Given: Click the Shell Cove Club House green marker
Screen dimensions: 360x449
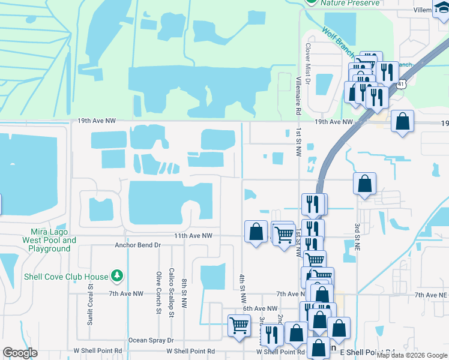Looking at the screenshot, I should pyautogui.click(x=117, y=277).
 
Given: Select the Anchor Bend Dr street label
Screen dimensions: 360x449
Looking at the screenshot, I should pyautogui.click(x=138, y=245).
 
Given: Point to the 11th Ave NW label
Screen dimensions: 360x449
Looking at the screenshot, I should pyautogui.click(x=193, y=236).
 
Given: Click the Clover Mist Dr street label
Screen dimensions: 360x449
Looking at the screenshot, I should pyautogui.click(x=309, y=62).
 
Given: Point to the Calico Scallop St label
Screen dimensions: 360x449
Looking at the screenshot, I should pyautogui.click(x=172, y=292).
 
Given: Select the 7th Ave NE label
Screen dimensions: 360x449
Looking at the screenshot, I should pyautogui.click(x=431, y=295).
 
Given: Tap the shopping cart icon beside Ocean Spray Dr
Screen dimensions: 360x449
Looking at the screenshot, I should pyautogui.click(x=240, y=325).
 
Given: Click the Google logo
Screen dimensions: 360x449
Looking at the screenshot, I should pyautogui.click(x=20, y=353).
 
